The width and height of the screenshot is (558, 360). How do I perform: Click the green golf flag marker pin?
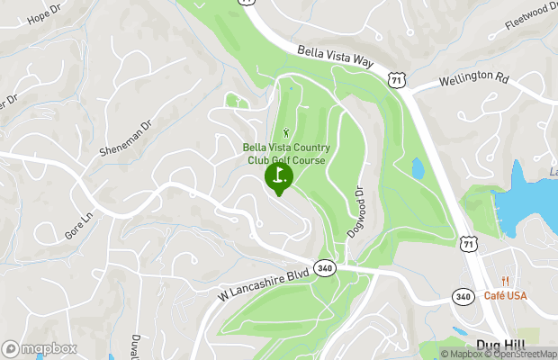279,176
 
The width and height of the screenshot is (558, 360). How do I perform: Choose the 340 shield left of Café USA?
463,296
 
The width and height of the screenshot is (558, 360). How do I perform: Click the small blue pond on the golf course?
418,168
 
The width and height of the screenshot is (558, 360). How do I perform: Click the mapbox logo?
39,348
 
